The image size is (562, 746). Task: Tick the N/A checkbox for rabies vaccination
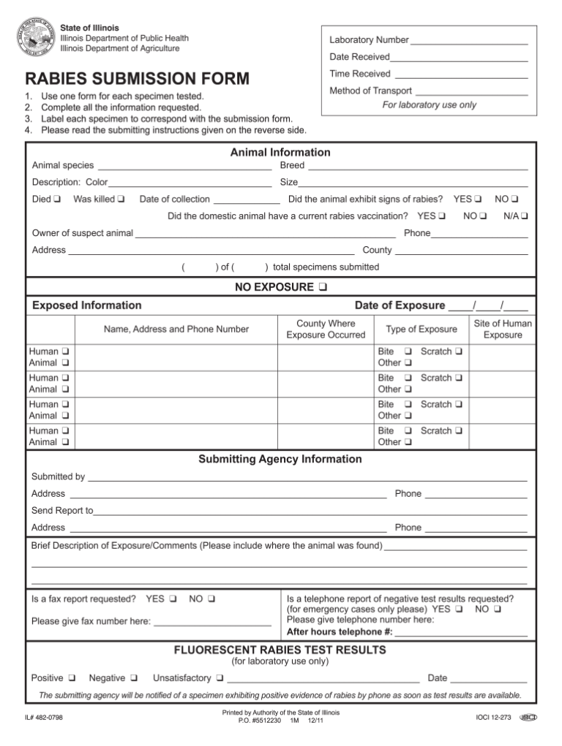point(525,217)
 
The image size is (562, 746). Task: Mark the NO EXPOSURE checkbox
point(323,287)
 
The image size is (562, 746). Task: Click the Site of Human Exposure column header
point(503,330)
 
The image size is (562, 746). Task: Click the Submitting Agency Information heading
point(280,460)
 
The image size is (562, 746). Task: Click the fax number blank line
point(212,624)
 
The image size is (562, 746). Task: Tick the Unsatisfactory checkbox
point(220,679)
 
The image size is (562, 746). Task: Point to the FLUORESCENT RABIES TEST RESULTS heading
point(280,650)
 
